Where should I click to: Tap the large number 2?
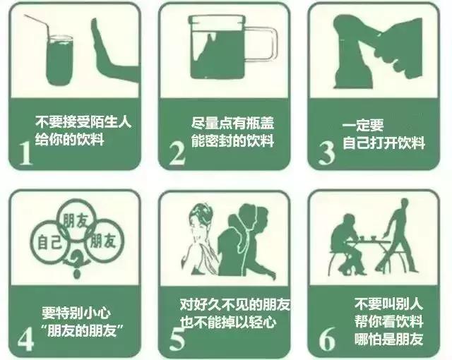click(177, 152)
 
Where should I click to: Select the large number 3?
click(326, 152)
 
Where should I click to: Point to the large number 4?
click(25, 337)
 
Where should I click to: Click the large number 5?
click(177, 337)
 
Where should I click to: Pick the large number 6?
click(327, 337)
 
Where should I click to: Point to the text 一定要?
click(364, 126)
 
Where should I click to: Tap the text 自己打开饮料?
click(383, 143)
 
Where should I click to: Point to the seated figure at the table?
click(347, 244)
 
